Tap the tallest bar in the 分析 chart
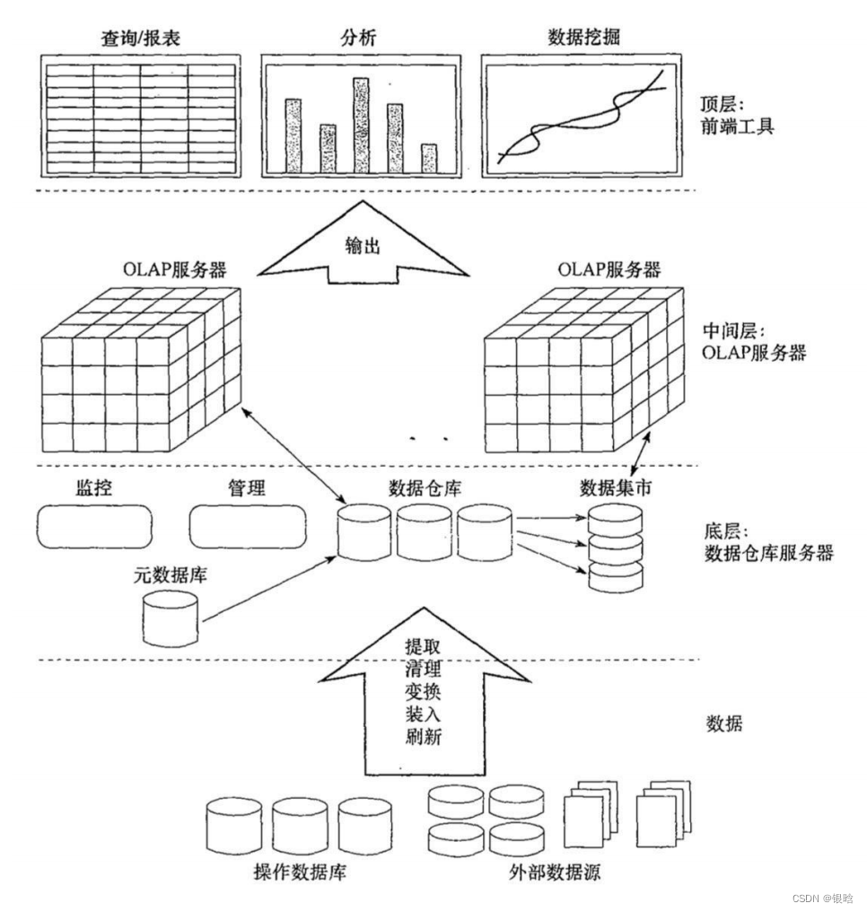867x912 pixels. (x=361, y=124)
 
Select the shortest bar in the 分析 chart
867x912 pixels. (x=430, y=157)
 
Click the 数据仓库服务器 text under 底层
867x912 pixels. (x=769, y=552)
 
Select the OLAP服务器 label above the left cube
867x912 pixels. (x=176, y=268)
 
